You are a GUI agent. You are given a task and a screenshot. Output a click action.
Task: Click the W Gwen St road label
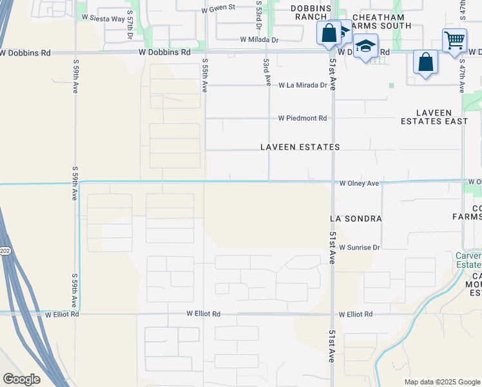(x=219, y=10)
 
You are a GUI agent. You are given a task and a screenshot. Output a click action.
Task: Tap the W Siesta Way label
(x=102, y=19)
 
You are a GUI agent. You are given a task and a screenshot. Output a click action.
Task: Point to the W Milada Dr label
(x=259, y=39)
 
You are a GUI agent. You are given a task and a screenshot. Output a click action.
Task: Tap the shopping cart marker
(x=454, y=41)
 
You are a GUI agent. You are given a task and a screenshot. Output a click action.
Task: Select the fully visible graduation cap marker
(x=365, y=47)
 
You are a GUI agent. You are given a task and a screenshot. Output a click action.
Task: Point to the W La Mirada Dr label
(x=303, y=85)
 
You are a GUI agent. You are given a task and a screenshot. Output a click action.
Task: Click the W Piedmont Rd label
(x=303, y=118)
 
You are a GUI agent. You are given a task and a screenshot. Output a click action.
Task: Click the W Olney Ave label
(x=360, y=183)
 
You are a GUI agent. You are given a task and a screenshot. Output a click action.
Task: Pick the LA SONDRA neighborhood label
(x=356, y=219)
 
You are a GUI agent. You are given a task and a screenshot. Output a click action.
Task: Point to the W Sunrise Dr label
(x=360, y=247)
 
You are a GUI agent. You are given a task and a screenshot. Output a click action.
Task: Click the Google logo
(x=21, y=379)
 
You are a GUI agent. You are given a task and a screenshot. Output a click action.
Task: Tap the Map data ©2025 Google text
(x=441, y=382)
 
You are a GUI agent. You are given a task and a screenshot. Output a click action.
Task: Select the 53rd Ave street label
(x=266, y=72)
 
